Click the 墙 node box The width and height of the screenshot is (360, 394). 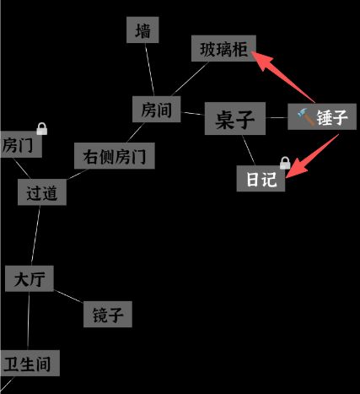[142, 30]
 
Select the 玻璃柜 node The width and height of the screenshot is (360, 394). [223, 48]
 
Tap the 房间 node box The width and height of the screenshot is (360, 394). [157, 109]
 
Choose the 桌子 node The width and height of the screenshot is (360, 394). [235, 118]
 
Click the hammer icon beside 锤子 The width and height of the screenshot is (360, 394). [306, 116]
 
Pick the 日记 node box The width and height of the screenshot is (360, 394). [261, 179]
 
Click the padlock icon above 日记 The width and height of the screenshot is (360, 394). [285, 163]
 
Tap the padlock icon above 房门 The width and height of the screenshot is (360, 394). [42, 128]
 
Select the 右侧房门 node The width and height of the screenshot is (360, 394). [115, 156]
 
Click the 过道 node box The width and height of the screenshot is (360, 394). [42, 192]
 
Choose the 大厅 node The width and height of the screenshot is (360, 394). [30, 278]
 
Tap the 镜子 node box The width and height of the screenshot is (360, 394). [108, 314]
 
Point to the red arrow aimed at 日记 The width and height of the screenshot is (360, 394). [312, 156]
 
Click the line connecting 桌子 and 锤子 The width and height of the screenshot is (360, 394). [277, 117]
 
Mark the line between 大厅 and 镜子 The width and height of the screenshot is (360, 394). [68, 296]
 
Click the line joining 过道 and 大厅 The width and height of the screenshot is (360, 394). [35, 235]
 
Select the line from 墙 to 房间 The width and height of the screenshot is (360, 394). [149, 69]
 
